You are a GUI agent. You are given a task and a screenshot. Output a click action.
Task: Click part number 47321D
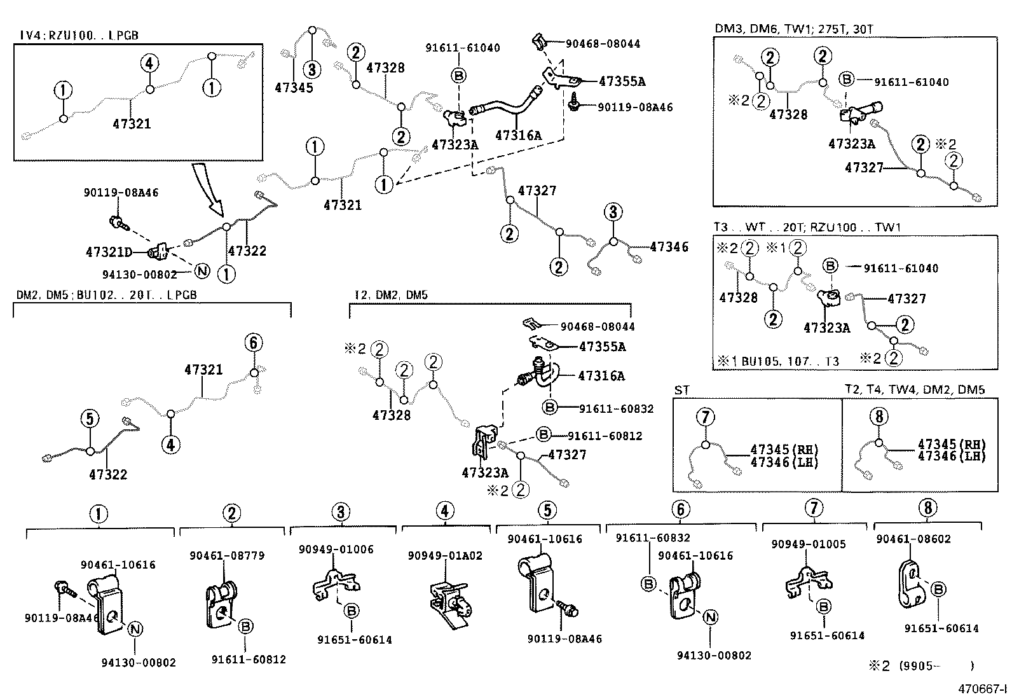pos(109,253)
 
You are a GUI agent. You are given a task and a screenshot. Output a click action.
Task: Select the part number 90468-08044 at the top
pos(603,44)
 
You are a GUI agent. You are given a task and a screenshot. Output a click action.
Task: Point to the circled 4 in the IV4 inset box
pos(149,63)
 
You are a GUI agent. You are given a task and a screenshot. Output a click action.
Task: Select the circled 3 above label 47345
pos(311,69)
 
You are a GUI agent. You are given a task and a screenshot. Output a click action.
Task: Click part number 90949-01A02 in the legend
pos(445,556)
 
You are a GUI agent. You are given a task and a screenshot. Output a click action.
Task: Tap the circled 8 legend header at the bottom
pos(927,508)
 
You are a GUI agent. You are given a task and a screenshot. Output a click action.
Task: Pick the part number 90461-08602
pos(913,539)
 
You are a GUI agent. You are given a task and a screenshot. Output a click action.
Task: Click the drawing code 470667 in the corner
pos(983,689)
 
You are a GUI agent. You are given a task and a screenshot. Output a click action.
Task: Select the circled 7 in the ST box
pos(706,417)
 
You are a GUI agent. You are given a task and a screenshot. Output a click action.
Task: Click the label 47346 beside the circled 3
pos(668,247)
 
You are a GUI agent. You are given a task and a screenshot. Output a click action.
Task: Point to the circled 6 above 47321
pos(253,343)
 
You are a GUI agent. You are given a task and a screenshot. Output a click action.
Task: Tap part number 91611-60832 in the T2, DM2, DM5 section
pos(616,409)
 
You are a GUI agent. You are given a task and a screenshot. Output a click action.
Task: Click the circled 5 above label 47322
pos(90,419)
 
